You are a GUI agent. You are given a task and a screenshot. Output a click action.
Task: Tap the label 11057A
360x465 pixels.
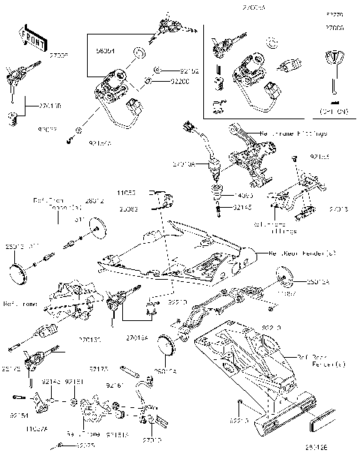click(x=35, y=429)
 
